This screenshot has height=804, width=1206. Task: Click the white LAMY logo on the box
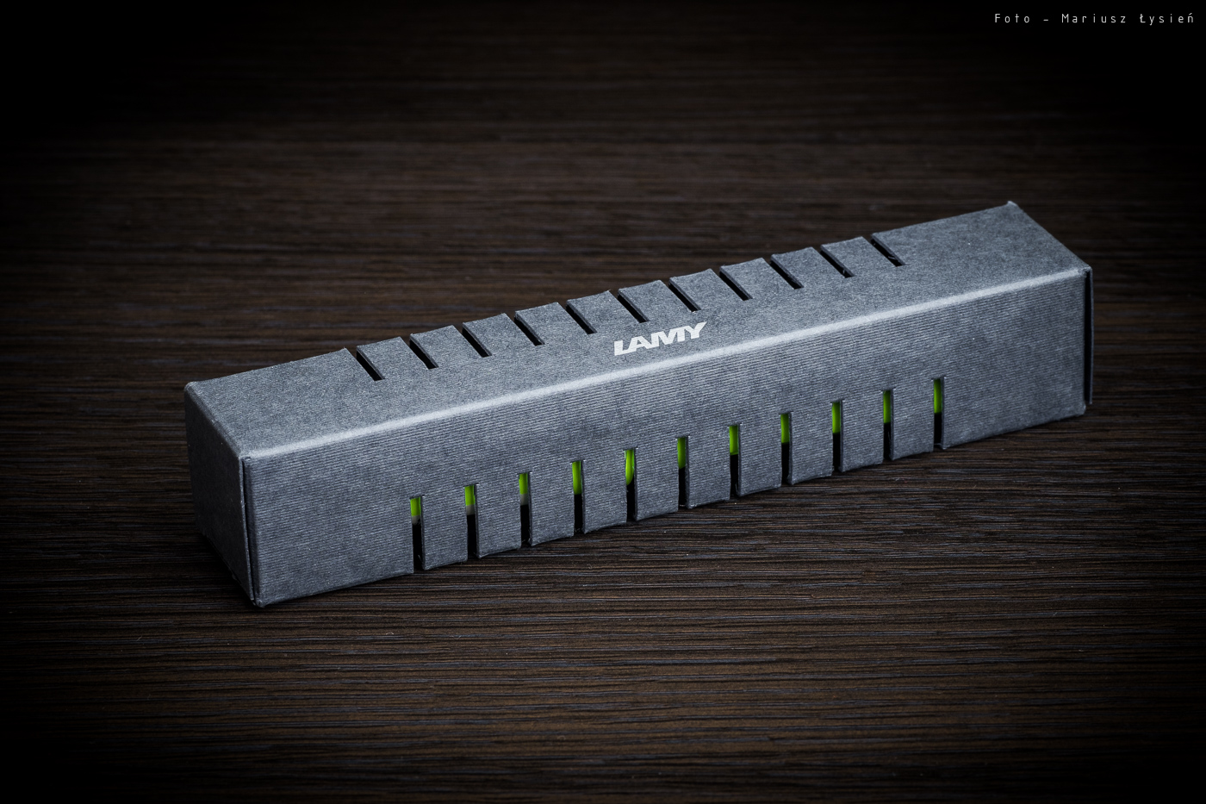coord(660,339)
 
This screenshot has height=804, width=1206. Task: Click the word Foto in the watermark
coord(1012,19)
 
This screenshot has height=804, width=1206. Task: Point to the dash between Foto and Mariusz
coord(1046,19)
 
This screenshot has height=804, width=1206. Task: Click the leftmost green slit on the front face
coord(415,532)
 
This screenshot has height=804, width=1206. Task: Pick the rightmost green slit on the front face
coord(938,412)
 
